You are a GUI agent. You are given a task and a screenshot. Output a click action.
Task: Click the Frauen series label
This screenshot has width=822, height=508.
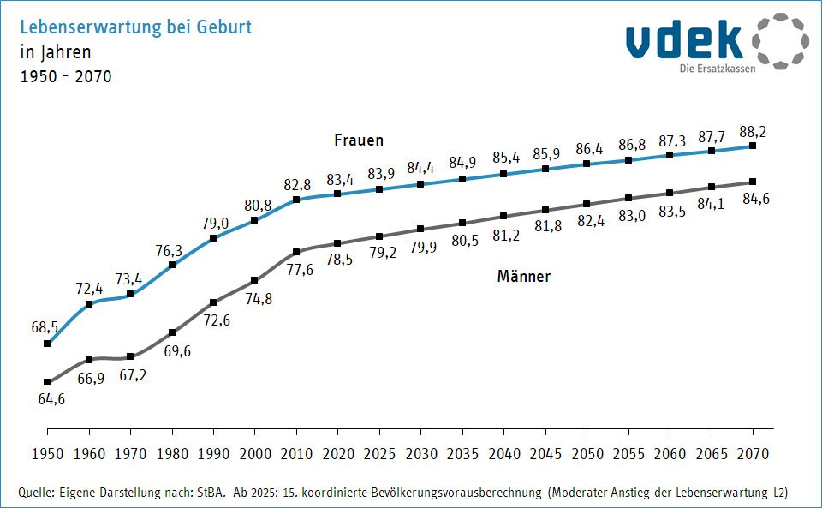tap(358, 140)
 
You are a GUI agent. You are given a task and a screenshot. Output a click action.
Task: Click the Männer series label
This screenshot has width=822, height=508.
tap(523, 277)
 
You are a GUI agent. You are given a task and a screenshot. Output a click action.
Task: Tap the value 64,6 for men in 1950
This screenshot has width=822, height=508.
tap(51, 398)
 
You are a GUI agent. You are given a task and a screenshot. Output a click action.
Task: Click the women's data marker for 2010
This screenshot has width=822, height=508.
tap(296, 200)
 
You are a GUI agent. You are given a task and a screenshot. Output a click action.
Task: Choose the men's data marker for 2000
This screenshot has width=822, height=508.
tap(255, 280)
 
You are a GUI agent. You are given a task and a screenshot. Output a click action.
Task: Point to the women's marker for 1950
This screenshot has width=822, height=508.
tap(47, 344)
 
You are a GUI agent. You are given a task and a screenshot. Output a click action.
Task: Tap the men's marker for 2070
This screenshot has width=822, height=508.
tap(753, 182)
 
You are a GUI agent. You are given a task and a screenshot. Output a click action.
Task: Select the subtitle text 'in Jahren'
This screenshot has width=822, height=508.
tap(55, 51)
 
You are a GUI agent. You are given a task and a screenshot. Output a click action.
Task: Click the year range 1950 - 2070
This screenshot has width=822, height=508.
tap(65, 76)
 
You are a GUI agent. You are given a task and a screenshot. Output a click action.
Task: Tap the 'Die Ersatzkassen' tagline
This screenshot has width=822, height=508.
tap(718, 69)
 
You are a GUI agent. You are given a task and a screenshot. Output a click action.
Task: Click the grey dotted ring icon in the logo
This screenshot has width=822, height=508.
tap(780, 40)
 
